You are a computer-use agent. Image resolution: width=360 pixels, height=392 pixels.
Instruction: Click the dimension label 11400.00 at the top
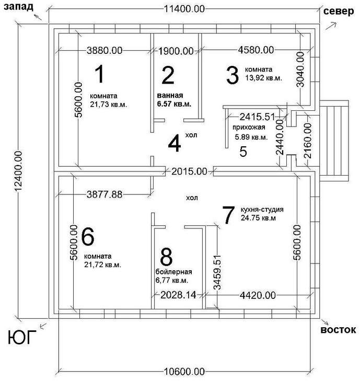click(184, 9)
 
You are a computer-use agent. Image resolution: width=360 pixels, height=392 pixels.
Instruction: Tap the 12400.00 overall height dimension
click(18, 171)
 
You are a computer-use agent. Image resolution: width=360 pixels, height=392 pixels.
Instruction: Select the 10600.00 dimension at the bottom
click(184, 372)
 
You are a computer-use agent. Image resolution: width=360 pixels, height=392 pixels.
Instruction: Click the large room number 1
click(100, 74)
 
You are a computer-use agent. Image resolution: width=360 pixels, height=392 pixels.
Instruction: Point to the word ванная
click(170, 95)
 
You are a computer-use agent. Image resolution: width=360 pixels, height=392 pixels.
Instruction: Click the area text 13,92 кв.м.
click(263, 78)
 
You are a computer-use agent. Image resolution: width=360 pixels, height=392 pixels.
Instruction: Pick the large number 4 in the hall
click(175, 143)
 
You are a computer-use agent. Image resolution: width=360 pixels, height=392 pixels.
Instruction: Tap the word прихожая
click(249, 127)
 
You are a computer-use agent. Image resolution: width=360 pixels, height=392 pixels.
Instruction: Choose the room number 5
click(243, 152)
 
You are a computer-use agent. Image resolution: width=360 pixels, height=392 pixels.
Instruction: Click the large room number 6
click(88, 236)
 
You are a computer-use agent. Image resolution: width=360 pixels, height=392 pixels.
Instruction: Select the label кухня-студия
click(262, 209)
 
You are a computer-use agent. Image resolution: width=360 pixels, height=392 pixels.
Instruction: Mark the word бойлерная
click(174, 272)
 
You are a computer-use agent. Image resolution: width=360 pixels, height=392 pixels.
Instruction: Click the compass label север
click(339, 11)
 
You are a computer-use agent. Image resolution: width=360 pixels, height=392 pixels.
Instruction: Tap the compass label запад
click(18, 7)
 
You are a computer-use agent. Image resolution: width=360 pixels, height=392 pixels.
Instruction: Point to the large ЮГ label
click(22, 337)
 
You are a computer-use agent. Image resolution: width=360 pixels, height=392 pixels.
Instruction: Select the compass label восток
click(338, 330)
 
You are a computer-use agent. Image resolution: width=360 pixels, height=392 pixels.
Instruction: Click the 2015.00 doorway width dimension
click(189, 171)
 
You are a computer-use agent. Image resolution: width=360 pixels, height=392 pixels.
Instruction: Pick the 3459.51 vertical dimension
click(217, 272)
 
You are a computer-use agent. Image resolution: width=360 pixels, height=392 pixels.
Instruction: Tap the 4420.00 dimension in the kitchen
click(258, 295)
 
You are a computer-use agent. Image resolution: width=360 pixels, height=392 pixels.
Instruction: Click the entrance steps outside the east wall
click(334, 141)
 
